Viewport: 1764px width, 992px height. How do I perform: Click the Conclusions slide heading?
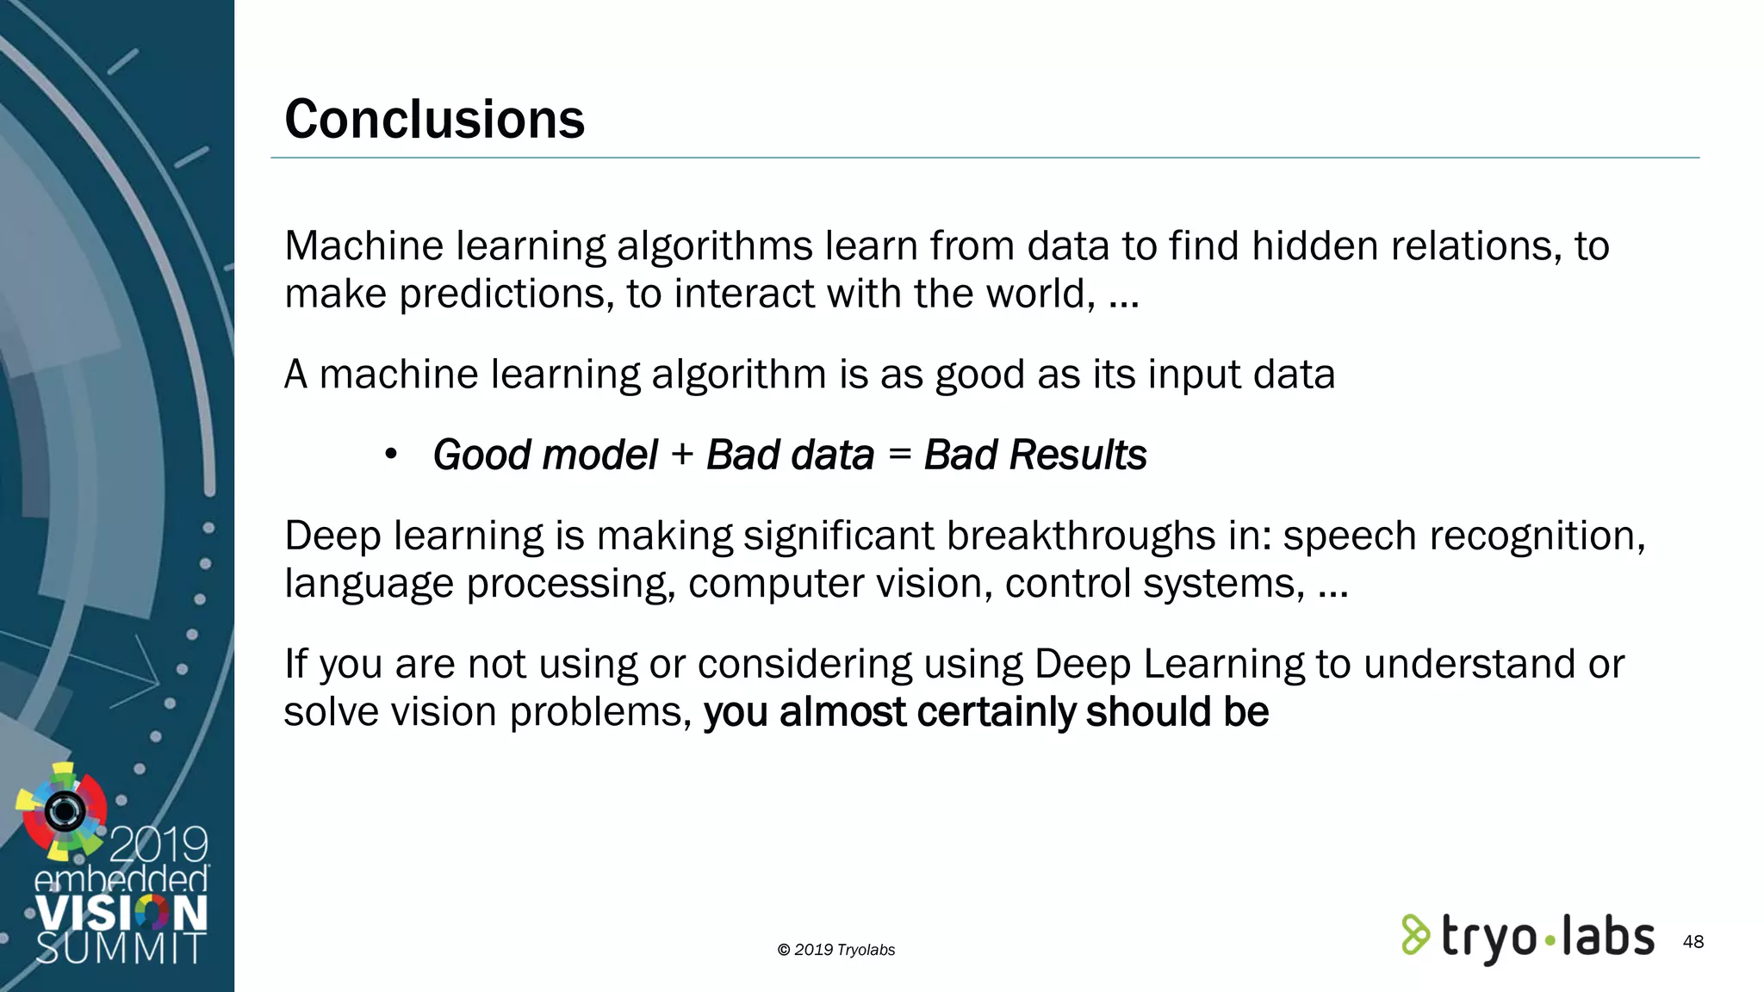click(x=434, y=119)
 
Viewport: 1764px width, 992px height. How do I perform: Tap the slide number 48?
click(x=1693, y=942)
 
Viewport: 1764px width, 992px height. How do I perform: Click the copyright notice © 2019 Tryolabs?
click(x=835, y=950)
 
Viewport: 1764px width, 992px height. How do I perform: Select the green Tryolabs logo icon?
click(x=1415, y=935)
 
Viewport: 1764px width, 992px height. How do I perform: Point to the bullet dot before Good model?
click(x=391, y=454)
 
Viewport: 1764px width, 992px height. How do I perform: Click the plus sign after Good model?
click(x=682, y=454)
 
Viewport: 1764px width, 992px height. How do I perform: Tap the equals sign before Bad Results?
click(x=899, y=454)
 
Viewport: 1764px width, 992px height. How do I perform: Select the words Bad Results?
click(x=1035, y=455)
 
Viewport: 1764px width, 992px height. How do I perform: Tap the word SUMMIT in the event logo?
click(x=121, y=947)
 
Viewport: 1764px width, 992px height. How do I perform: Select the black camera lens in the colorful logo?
click(x=65, y=810)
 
